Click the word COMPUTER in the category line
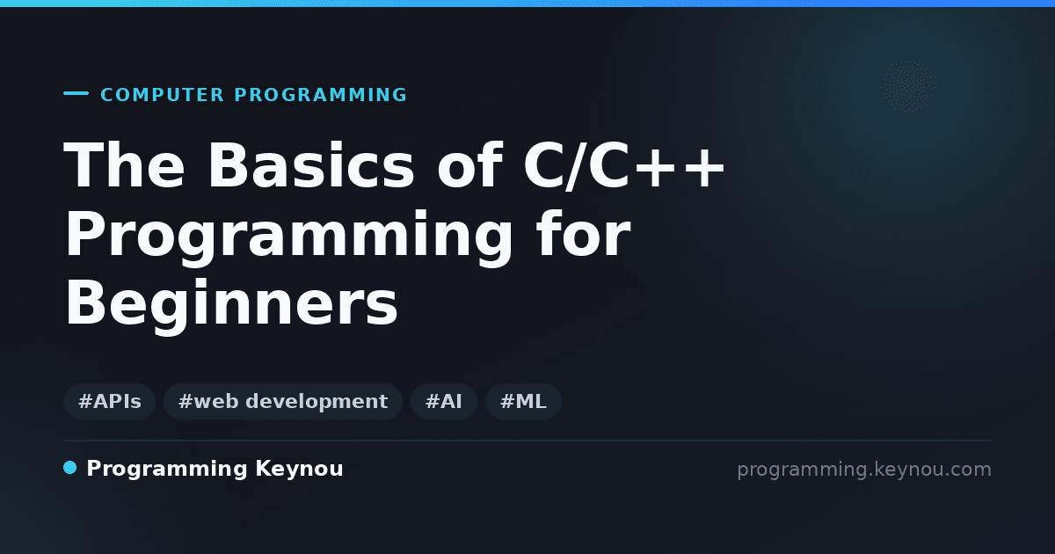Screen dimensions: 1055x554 (162, 95)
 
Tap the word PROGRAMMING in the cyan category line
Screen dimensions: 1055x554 (320, 95)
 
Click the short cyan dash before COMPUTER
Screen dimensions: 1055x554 (76, 93)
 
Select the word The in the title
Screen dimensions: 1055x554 (124, 165)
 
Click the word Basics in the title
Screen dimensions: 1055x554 (311, 165)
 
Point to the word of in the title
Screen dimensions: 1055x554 (469, 165)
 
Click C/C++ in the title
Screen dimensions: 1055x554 (624, 165)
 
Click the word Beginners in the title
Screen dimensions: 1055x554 (231, 305)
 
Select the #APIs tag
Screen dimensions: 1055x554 (109, 401)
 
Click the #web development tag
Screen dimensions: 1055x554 (282, 401)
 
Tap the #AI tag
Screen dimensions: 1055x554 (444, 401)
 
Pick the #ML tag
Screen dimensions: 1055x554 (523, 401)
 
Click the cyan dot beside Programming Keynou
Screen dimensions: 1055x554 (69, 468)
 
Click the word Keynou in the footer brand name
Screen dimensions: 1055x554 (299, 470)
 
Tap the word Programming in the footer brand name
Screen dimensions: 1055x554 (167, 470)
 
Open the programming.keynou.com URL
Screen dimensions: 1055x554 (864, 470)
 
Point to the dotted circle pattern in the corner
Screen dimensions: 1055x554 (908, 86)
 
